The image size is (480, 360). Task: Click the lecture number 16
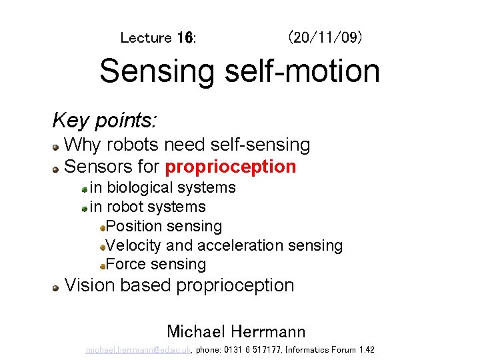(x=185, y=38)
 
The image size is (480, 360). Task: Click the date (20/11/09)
(x=325, y=37)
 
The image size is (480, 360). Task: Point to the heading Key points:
(x=105, y=121)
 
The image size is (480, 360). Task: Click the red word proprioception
(x=231, y=166)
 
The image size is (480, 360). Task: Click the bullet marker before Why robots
(x=57, y=146)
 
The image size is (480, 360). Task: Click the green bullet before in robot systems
(x=85, y=209)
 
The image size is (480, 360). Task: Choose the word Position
(x=136, y=227)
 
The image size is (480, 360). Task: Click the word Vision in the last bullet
(x=89, y=285)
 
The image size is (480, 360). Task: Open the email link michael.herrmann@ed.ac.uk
(x=139, y=350)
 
